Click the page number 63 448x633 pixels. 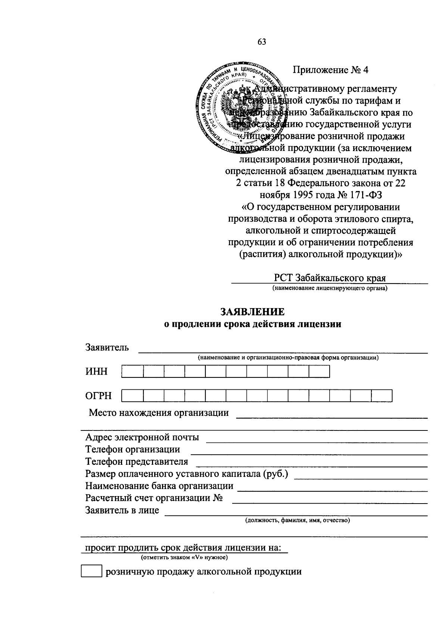point(261,42)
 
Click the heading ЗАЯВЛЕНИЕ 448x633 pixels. point(253,311)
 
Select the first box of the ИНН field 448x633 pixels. point(132,372)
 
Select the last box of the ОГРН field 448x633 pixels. point(382,396)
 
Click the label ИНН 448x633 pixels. point(96,372)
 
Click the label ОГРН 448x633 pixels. point(98,396)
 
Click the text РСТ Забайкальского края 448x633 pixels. point(330,278)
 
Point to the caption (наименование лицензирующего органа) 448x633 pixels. point(330,288)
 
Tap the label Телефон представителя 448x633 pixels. point(137,462)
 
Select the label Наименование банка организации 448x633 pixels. point(159,486)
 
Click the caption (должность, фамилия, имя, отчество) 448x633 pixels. point(297,520)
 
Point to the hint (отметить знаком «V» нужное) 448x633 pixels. point(184,558)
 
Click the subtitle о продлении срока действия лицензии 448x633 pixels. point(253,324)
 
